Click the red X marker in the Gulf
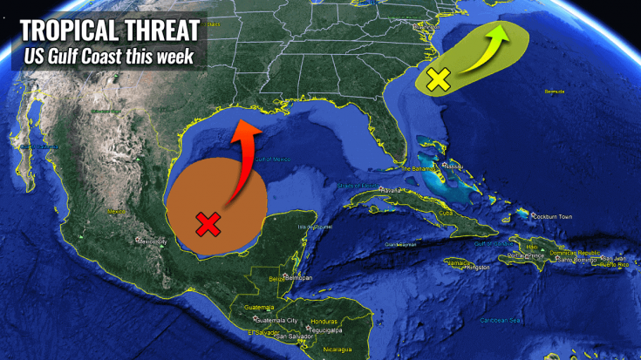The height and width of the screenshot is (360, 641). coord(207,224)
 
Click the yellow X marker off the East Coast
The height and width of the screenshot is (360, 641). coord(439,81)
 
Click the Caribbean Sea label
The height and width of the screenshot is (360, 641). coord(500,320)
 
